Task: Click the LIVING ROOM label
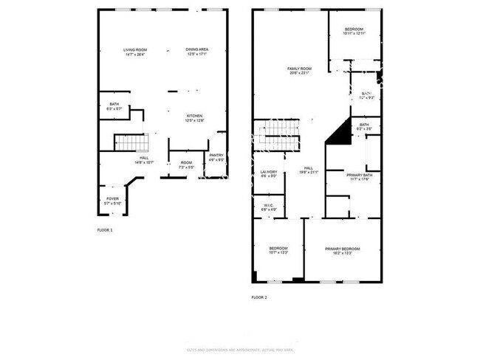(x=134, y=52)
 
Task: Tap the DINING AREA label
(x=196, y=52)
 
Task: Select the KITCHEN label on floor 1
(x=194, y=117)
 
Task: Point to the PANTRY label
(x=216, y=156)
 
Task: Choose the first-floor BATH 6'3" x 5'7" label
(x=114, y=106)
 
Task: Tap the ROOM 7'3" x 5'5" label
(x=186, y=165)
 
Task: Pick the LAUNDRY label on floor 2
(x=269, y=173)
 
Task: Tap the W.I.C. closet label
(x=269, y=207)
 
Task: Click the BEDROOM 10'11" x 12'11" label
(x=354, y=32)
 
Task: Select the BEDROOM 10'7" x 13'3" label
(x=278, y=250)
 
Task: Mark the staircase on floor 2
(x=280, y=131)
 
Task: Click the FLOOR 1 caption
(x=105, y=231)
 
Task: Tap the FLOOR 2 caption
(x=258, y=297)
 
